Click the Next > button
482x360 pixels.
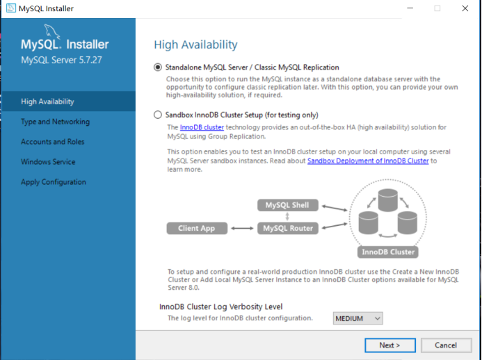[390, 345]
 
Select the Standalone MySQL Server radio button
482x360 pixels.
[158, 67]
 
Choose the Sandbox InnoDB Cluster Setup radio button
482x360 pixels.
[158, 115]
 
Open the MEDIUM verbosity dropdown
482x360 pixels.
[358, 318]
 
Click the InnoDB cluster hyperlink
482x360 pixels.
[202, 127]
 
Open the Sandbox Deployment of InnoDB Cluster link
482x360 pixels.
[368, 161]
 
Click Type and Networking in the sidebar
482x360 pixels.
[56, 122]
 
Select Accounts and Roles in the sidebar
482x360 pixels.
[53, 142]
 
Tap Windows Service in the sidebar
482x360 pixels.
[48, 162]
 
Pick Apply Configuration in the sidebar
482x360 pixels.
[54, 182]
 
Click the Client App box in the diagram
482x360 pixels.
[197, 228]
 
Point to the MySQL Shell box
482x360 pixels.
[288, 205]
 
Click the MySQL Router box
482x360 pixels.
[288, 228]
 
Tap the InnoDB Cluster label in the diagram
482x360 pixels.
[388, 252]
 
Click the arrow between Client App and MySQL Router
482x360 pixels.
[242, 228]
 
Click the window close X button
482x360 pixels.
[465, 8]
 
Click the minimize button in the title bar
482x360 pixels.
[410, 8]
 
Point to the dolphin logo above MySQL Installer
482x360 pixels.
[51, 32]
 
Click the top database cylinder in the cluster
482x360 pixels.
[388, 200]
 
